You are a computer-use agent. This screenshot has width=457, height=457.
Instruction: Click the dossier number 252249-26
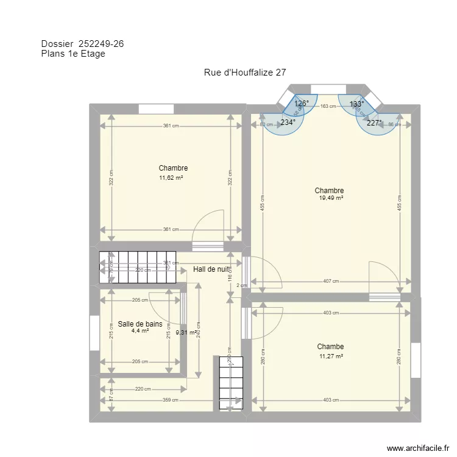(102, 43)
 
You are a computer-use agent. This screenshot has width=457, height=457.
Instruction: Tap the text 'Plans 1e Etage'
(73, 54)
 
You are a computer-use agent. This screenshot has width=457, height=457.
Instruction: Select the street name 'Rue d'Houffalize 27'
(245, 73)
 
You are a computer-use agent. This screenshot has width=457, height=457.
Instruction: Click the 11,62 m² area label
(172, 178)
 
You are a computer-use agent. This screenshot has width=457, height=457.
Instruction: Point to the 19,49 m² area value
(331, 198)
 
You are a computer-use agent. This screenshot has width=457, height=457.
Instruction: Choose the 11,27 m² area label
(331, 357)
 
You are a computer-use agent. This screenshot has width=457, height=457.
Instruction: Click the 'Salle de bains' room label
(140, 324)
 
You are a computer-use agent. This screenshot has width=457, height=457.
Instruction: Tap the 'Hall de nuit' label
(211, 269)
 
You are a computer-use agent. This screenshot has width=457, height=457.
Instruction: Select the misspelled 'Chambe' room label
(330, 347)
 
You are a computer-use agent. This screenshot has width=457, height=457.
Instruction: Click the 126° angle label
(302, 104)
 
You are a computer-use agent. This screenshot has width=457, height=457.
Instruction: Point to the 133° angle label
(356, 104)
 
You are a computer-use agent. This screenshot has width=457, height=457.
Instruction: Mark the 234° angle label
(288, 122)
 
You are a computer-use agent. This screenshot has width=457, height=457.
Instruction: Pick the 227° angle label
(374, 122)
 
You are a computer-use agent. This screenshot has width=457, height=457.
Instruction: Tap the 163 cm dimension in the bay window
(328, 107)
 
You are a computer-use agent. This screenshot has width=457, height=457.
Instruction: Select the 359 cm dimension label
(171, 400)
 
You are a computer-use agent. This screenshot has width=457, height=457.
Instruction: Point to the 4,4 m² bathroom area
(140, 331)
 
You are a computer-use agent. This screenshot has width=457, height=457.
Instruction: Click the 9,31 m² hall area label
(186, 333)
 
